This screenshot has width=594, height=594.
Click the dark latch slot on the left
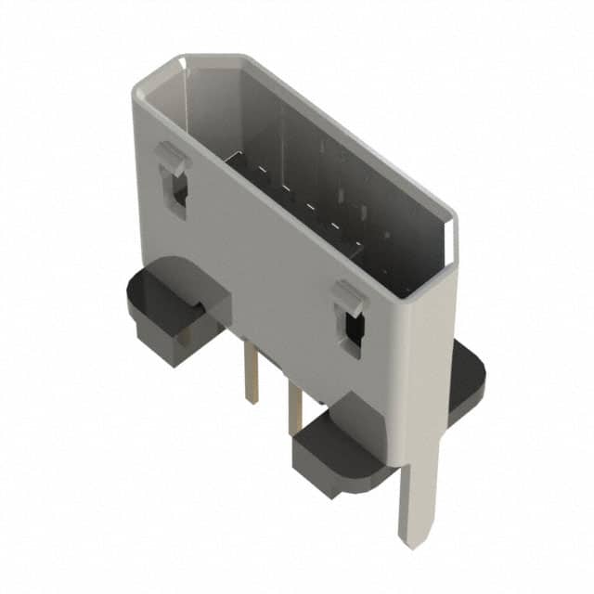[179, 190]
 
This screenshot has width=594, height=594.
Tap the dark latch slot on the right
[352, 331]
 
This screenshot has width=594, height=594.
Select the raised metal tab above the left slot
[172, 157]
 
